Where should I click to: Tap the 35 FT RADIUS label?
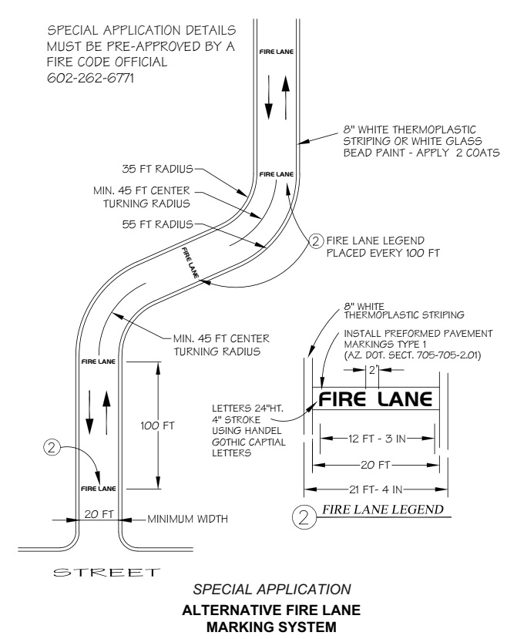coord(156,166)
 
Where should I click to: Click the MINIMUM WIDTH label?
coord(188,518)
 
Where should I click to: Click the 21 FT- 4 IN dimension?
coord(375,489)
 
